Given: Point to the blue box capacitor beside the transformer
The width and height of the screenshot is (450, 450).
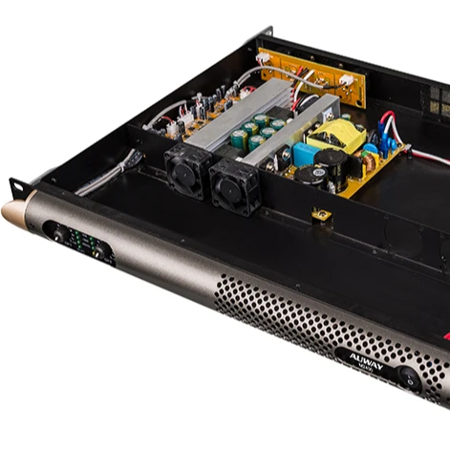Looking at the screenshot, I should (305, 153).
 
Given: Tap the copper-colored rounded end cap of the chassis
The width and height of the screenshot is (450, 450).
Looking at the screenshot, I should (16, 213).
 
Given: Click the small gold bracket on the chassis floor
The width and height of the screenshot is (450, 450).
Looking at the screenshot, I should (322, 214).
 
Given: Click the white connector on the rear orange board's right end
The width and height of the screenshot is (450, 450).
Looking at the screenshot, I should (346, 79).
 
